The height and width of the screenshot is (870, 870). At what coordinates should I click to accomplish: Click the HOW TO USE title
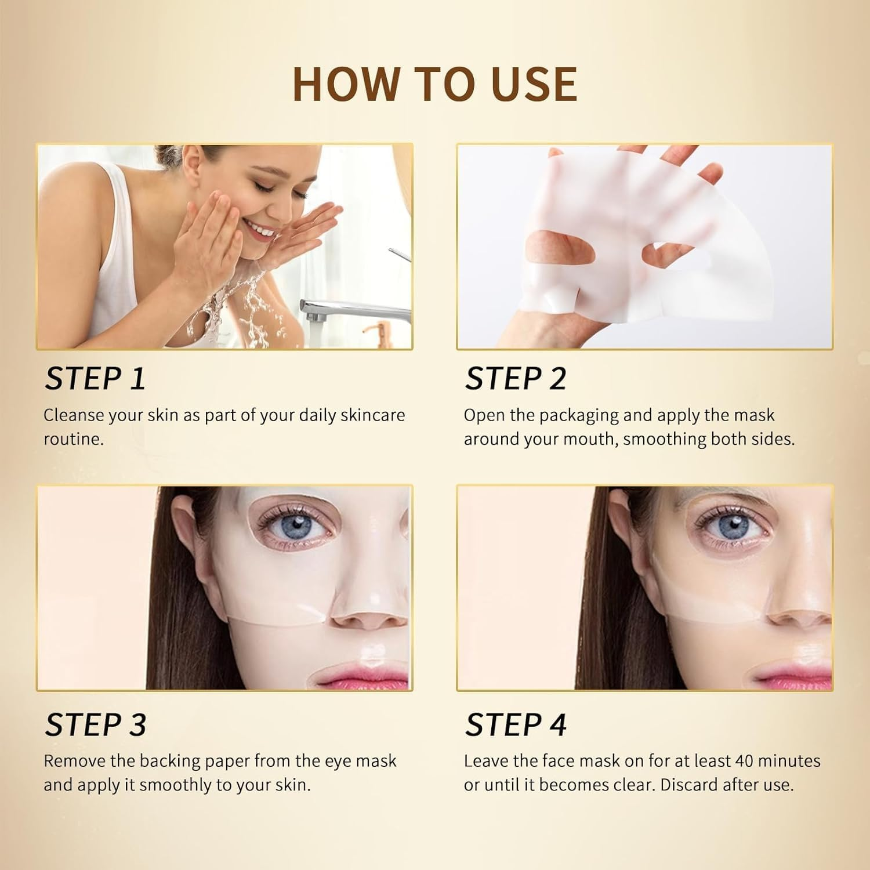pyautogui.click(x=435, y=84)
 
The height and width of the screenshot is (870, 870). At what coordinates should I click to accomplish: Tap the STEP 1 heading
pyautogui.click(x=95, y=379)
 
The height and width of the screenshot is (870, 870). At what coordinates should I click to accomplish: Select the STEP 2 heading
pyautogui.click(x=516, y=379)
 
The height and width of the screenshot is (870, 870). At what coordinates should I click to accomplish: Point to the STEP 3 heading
pyautogui.click(x=96, y=724)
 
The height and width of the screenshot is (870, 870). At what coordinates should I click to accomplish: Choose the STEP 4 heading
pyautogui.click(x=516, y=724)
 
